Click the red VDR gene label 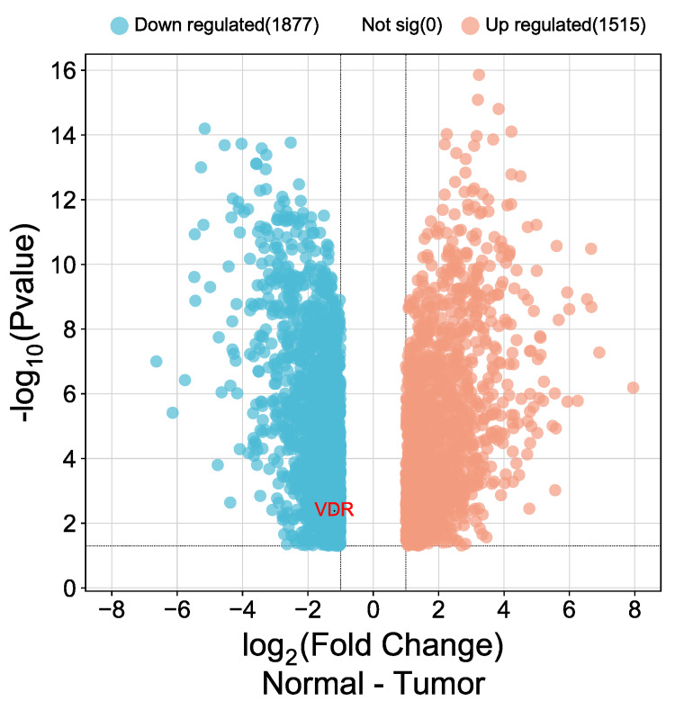(334, 510)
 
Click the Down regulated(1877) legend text (227, 25)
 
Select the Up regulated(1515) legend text (565, 25)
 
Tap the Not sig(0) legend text (401, 25)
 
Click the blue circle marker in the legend (120, 25)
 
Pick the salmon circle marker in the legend (471, 25)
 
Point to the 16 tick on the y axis (67, 70)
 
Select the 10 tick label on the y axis (67, 265)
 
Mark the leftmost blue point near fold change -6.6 (157, 361)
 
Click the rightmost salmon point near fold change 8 (634, 387)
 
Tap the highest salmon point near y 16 (479, 75)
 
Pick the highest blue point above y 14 (204, 129)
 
